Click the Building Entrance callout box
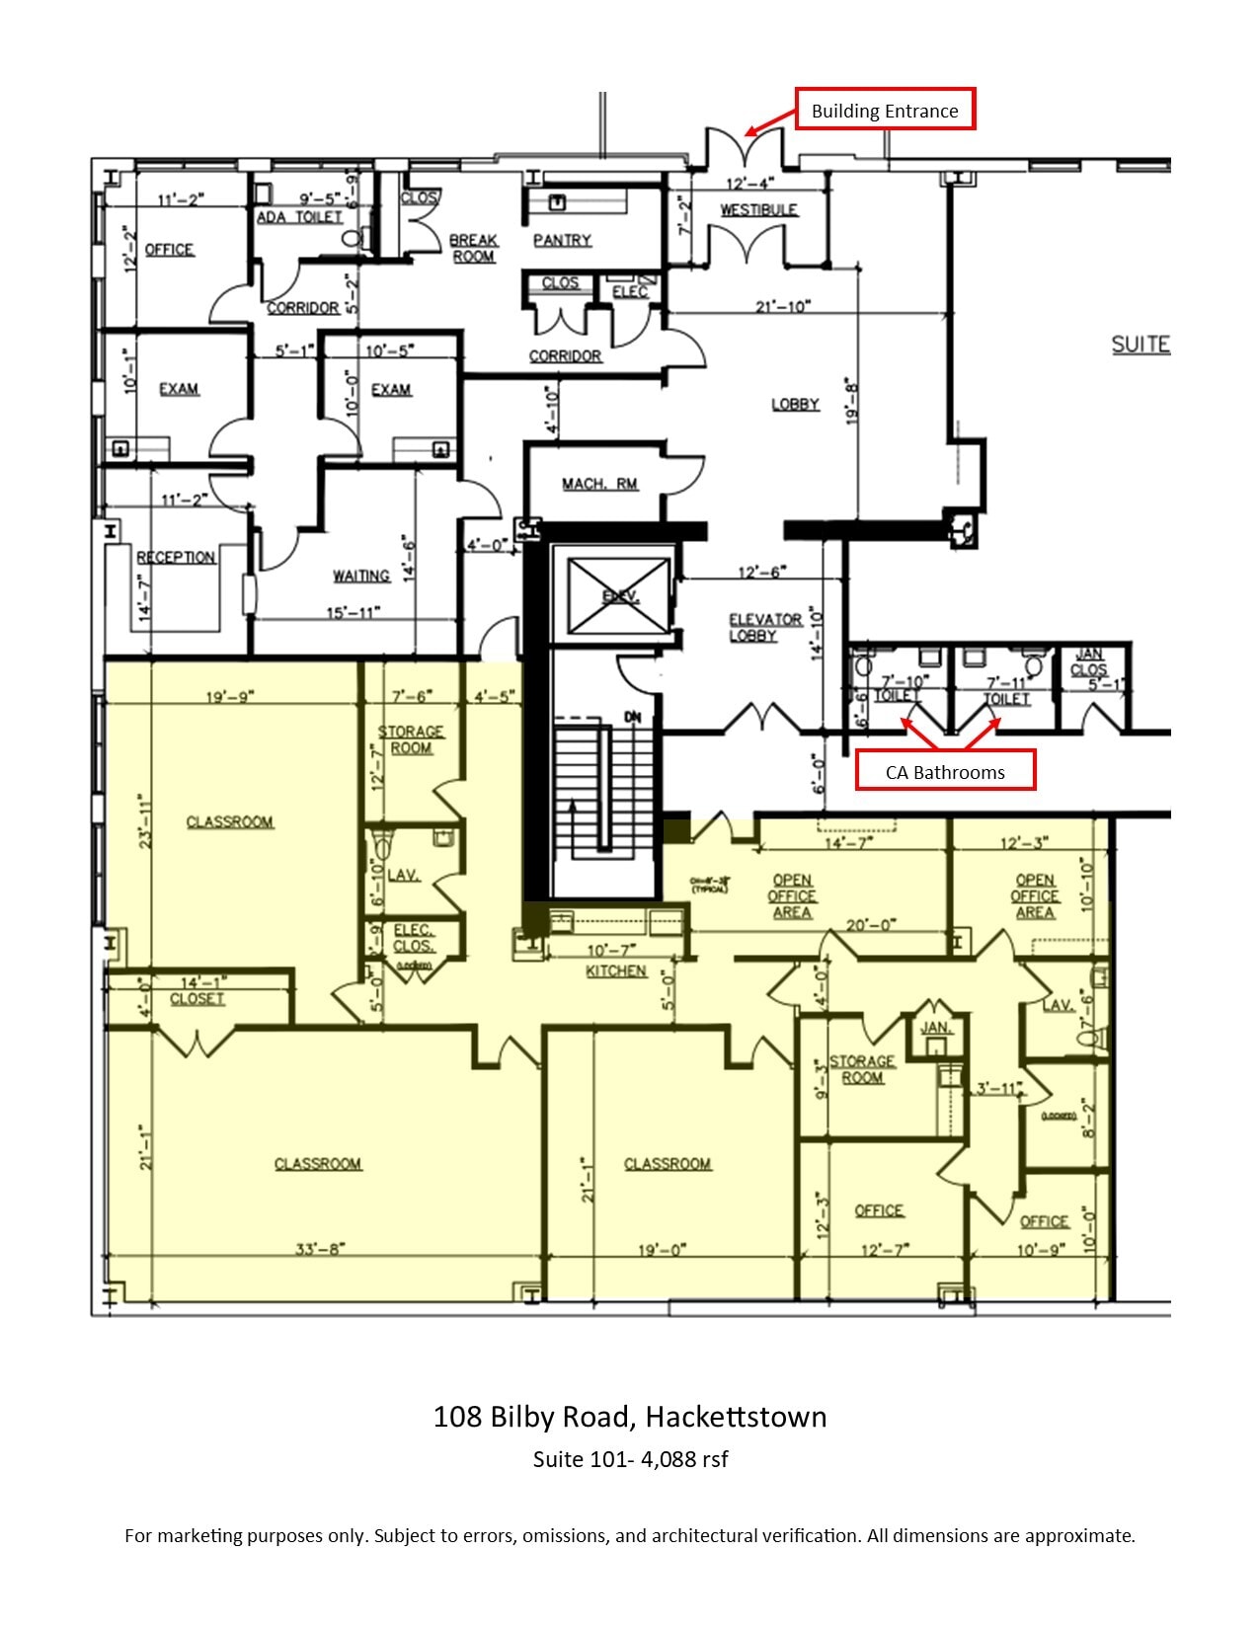pos(885,110)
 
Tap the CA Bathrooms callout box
pos(945,771)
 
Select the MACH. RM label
pos(599,484)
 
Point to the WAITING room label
pos(361,576)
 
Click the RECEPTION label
pos(176,558)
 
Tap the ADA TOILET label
pos(300,217)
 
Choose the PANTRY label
pos(562,240)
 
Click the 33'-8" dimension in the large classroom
pos(317,1249)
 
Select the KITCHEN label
pos(616,971)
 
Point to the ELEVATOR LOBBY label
pos(764,628)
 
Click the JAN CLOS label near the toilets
pos(1089,662)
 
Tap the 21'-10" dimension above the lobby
pos(783,306)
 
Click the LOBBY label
pos(795,404)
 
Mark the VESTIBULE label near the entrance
pos(758,209)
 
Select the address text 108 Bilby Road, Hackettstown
pos(630,1417)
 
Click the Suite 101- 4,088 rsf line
pos(630,1459)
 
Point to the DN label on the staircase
pos(632,717)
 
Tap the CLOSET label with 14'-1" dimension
pos(197,999)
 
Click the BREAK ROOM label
pos(474,248)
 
